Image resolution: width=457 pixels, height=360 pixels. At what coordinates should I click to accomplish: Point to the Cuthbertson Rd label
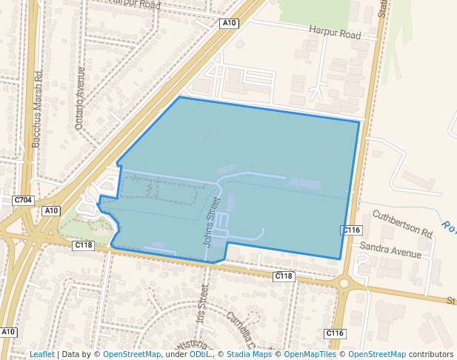point(402,222)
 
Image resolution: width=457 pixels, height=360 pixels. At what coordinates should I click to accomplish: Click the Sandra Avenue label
point(390,249)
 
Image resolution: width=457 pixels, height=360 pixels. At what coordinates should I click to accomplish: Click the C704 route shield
point(24,200)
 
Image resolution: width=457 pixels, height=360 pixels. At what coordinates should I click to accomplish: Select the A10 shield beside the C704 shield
point(50,211)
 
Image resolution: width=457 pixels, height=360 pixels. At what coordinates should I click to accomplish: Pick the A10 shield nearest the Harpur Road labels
point(230,24)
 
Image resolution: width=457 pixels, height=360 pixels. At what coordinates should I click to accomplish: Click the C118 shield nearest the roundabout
point(284,276)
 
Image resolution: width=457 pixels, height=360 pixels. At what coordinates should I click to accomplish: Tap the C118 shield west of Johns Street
point(84,245)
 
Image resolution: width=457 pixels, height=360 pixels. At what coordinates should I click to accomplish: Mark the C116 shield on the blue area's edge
point(351,230)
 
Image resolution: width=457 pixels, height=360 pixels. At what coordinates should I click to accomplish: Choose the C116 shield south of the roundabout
point(336,333)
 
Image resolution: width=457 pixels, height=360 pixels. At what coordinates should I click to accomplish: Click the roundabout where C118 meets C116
point(343,282)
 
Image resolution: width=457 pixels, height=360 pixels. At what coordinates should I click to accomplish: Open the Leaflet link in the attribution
point(41,355)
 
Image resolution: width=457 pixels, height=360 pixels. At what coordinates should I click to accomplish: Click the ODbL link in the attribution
point(199,355)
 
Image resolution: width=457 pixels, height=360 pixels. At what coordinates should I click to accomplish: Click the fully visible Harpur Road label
point(335,34)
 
